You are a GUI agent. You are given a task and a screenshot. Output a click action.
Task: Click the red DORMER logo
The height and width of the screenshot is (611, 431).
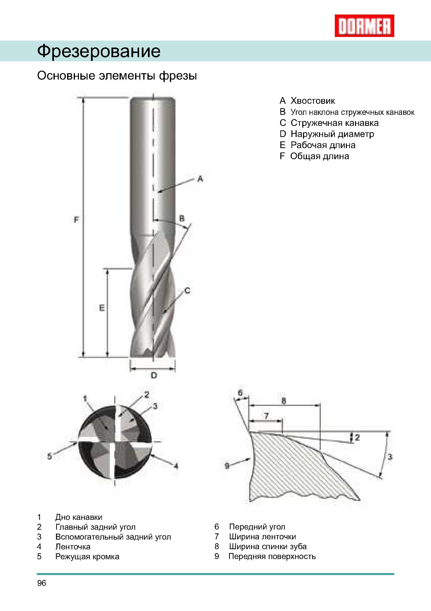364,26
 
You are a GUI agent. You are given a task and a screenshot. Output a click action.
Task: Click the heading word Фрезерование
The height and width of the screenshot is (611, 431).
99,51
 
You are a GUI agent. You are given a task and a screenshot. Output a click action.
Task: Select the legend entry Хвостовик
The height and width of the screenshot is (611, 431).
312,101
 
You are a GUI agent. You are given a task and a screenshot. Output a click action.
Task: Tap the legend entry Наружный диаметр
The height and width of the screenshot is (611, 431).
332,134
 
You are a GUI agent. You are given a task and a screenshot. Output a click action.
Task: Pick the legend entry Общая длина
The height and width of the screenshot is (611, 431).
319,156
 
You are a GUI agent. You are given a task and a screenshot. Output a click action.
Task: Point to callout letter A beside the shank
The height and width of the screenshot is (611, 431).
200,179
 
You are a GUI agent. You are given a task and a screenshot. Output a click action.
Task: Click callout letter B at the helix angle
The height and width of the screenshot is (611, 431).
182,219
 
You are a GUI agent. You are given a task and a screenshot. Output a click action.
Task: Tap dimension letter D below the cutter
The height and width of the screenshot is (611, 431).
154,375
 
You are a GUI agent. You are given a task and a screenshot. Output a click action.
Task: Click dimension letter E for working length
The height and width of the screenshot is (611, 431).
102,308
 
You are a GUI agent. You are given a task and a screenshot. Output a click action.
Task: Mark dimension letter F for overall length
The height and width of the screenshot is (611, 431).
76,220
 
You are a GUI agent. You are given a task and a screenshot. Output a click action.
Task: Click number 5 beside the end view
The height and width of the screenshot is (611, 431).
50,457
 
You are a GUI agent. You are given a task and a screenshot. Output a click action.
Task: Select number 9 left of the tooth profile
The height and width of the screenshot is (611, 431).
227,466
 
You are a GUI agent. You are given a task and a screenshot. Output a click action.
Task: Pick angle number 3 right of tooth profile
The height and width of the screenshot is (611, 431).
390,457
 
